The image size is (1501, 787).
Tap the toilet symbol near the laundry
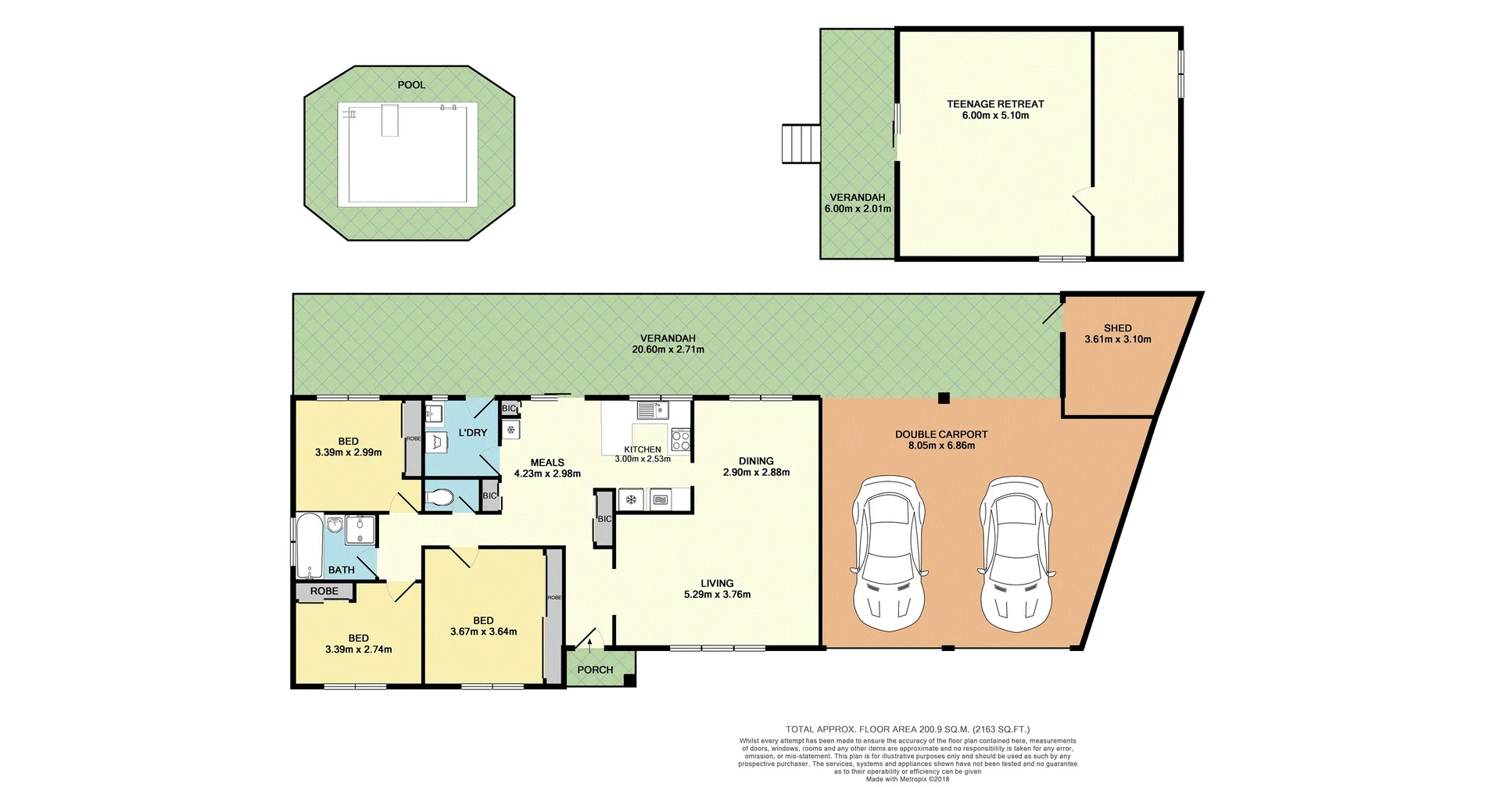[x=440, y=498]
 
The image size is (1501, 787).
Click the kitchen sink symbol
[x=650, y=410]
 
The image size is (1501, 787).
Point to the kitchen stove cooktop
[x=680, y=441]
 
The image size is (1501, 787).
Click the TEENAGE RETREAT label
[x=995, y=104]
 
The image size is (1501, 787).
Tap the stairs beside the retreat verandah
[x=801, y=144]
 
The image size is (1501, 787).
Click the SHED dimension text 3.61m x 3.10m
[x=1117, y=340]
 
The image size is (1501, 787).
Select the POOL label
[x=411, y=84]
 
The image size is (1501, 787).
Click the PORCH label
[x=595, y=670]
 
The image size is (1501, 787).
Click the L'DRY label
[x=472, y=433]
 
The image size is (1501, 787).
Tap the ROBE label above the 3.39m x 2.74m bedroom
[x=324, y=592]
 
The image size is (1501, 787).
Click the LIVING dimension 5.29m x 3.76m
[x=717, y=595]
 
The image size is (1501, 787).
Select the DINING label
[x=756, y=461]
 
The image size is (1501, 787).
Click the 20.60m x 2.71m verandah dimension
[x=668, y=350]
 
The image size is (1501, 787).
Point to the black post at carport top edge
[x=944, y=398]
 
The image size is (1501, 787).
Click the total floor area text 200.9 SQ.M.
[x=907, y=729]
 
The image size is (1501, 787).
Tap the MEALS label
[x=547, y=463]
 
